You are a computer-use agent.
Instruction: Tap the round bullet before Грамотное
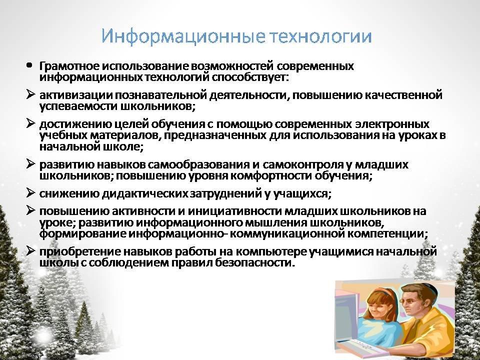point(29,65)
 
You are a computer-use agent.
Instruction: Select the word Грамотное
point(69,66)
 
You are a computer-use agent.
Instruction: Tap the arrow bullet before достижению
point(30,123)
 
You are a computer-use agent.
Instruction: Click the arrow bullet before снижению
point(30,192)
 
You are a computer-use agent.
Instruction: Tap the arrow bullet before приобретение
point(30,250)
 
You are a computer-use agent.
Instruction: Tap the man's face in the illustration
point(415,303)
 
